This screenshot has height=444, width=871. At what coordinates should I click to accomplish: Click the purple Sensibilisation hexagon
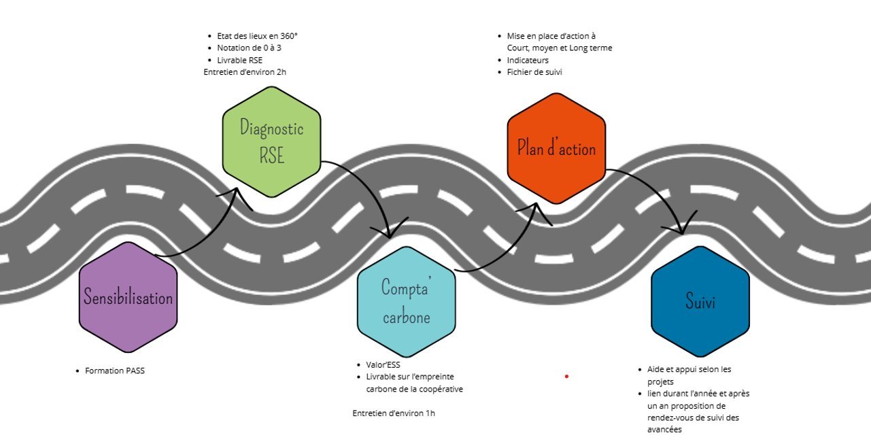[x=128, y=297]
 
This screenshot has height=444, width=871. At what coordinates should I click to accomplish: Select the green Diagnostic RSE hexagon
[x=271, y=141]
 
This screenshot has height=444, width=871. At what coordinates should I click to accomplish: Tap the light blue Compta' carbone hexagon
[x=406, y=302]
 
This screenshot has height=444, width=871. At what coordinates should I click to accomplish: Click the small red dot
[x=566, y=375]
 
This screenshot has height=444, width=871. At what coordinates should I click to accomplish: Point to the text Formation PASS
[x=115, y=371]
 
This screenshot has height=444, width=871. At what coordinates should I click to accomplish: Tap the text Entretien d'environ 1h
[x=394, y=413]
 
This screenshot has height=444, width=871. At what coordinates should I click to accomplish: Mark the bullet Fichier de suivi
[x=534, y=71]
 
